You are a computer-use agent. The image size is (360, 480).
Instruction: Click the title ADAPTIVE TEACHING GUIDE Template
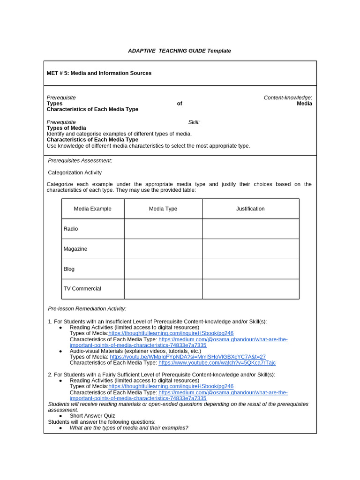tap(180, 51)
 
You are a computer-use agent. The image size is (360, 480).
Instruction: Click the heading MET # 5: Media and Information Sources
tap(99, 73)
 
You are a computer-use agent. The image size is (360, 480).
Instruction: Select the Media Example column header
tap(93, 209)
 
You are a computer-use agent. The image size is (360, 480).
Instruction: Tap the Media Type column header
tap(163, 209)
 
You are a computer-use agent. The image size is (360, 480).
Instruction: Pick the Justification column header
tap(250, 209)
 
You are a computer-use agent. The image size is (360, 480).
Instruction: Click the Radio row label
tap(71, 229)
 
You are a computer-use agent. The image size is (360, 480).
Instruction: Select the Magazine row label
tap(75, 249)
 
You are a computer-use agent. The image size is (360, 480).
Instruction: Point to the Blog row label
tap(69, 269)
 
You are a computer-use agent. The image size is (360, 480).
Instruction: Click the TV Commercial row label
tap(82, 289)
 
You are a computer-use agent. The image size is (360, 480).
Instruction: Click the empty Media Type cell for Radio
tap(163, 229)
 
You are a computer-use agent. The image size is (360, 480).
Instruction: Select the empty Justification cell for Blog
tap(250, 269)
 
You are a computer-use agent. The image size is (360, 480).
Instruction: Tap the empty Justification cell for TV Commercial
tap(250, 289)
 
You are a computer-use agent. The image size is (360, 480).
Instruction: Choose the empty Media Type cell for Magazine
tap(163, 249)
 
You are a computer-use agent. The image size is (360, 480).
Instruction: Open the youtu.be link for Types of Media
tap(187, 357)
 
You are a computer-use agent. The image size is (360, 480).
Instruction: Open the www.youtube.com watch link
tap(217, 363)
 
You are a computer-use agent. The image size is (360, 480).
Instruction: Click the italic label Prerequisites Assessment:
tap(80, 160)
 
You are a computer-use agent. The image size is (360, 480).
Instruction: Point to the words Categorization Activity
tap(75, 172)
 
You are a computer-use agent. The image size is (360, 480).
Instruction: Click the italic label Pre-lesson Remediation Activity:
tap(87, 308)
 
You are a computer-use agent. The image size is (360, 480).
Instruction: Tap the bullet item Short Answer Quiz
tap(92, 416)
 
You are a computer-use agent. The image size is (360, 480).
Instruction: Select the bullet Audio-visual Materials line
tap(135, 351)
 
